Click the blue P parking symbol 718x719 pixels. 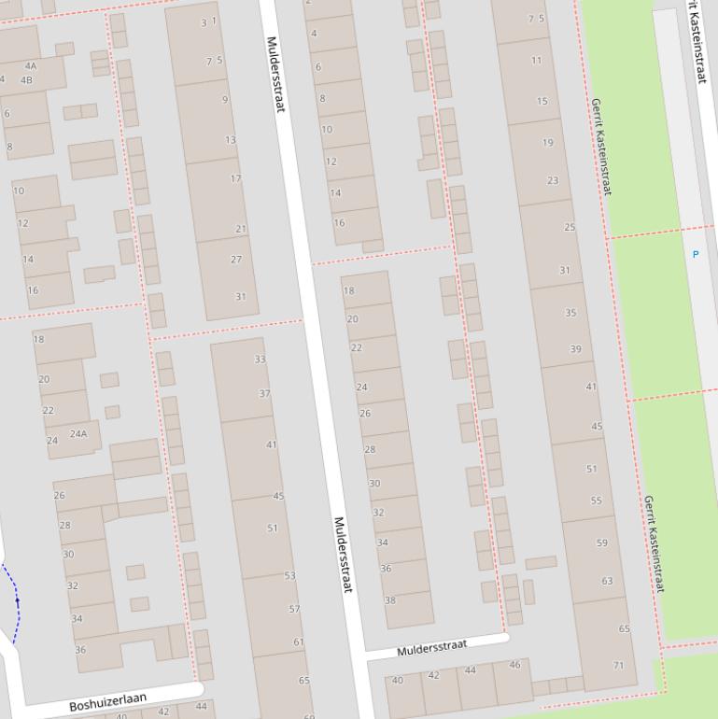pyautogui.click(x=695, y=254)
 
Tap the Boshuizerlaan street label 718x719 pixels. pyautogui.click(x=108, y=701)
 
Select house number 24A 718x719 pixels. pyautogui.click(x=78, y=433)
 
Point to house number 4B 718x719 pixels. pyautogui.click(x=26, y=79)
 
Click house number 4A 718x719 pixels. pyautogui.click(x=31, y=66)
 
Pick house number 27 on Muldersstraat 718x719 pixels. pyautogui.click(x=236, y=260)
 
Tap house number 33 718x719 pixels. pyautogui.click(x=260, y=359)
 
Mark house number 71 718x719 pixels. pyautogui.click(x=618, y=666)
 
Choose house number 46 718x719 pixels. pyautogui.click(x=514, y=665)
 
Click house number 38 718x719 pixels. pyautogui.click(x=389, y=600)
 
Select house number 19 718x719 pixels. pyautogui.click(x=547, y=143)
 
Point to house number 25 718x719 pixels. pyautogui.click(x=570, y=227)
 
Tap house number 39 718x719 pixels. pyautogui.click(x=575, y=349)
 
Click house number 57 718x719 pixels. pyautogui.click(x=294, y=609)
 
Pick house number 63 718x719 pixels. pyautogui.click(x=607, y=581)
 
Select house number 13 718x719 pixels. pyautogui.click(x=230, y=140)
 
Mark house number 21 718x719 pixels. pyautogui.click(x=241, y=229)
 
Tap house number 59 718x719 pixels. pyautogui.click(x=601, y=543)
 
